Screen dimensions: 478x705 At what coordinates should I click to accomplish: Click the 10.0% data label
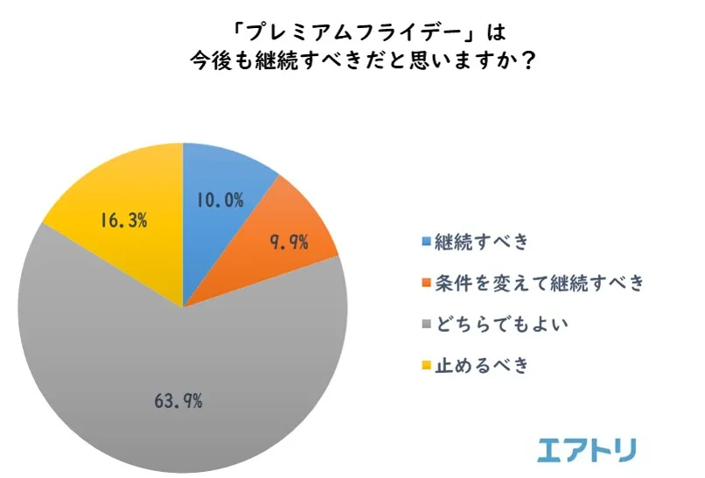(220, 200)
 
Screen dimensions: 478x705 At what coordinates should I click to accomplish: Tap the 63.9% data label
(178, 402)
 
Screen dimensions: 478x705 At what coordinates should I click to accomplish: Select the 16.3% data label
(122, 221)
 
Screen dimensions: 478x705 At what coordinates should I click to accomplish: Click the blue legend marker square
(426, 241)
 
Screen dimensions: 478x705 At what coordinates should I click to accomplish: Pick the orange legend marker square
(426, 283)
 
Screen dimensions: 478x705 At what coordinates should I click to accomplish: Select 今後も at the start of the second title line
(220, 63)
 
